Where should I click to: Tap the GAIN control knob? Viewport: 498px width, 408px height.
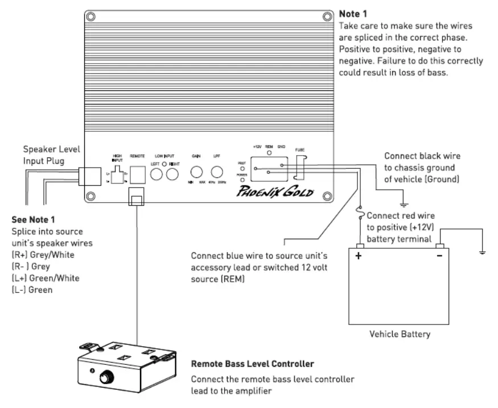click(x=197, y=172)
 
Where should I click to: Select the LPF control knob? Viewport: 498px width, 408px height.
click(x=217, y=172)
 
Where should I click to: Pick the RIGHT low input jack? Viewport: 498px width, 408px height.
click(x=172, y=173)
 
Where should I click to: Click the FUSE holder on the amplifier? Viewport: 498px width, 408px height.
click(x=301, y=168)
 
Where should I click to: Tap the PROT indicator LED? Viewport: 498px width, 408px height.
click(x=242, y=169)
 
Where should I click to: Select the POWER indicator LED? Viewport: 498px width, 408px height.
click(x=242, y=180)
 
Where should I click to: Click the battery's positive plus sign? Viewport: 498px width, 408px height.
click(x=359, y=256)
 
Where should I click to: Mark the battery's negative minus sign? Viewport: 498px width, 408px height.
click(x=439, y=256)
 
